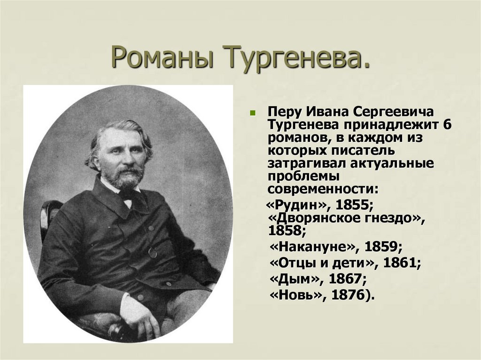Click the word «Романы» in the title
click(x=163, y=57)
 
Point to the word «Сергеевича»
click(x=393, y=113)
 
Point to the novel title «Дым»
click(x=295, y=279)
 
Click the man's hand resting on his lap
click(x=147, y=322)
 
